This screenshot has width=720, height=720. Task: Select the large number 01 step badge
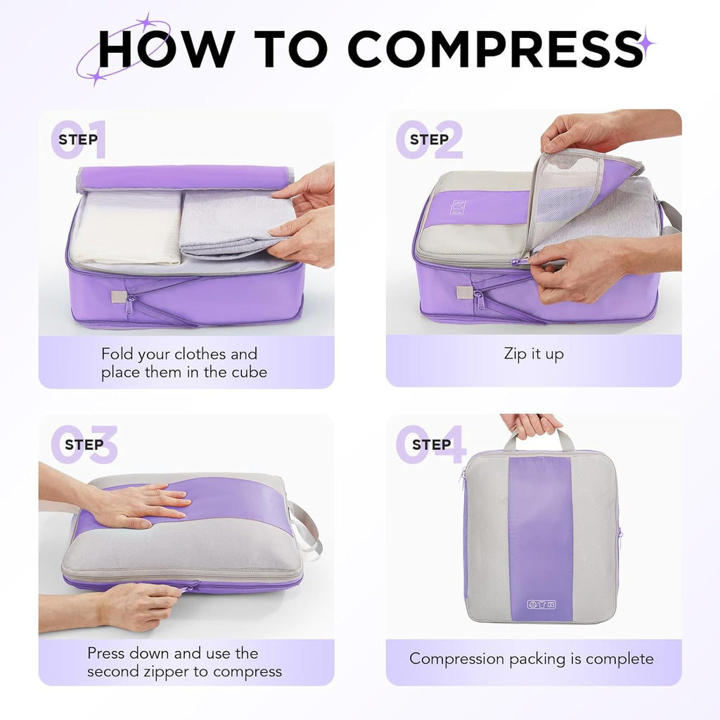(78, 139)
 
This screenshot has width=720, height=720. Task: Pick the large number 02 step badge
(429, 139)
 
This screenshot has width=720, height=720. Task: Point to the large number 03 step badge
(84, 444)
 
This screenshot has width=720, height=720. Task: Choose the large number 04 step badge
(430, 444)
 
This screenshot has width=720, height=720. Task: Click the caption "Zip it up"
(534, 354)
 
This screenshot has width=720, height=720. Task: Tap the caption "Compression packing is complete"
(532, 659)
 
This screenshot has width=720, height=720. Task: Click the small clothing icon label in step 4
(541, 604)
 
